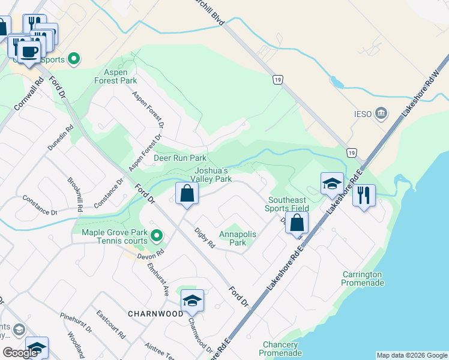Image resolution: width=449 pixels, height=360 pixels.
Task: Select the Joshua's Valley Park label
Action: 211,175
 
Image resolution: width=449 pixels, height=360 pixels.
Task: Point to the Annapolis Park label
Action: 238,238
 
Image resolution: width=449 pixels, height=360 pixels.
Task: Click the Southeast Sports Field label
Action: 287,204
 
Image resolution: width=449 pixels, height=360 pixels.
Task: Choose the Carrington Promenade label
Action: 362,278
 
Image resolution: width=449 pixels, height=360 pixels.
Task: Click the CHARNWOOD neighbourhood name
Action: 155,314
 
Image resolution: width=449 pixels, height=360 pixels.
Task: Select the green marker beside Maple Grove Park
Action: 156,235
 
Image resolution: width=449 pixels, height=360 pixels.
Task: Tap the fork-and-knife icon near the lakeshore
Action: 364,195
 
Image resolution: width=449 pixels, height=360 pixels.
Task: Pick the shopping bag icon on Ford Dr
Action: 187,193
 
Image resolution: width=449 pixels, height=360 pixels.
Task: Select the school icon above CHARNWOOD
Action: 192,300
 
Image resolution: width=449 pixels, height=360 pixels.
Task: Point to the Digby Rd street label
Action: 205,238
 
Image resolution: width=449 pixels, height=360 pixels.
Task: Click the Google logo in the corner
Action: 20,353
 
